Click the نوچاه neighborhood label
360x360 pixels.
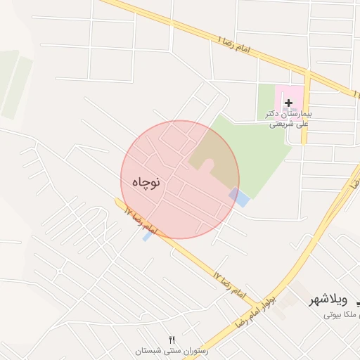click(146, 181)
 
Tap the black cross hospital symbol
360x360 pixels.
click(288, 103)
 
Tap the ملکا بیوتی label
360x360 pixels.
click(341, 314)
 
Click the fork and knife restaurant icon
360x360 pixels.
click(172, 340)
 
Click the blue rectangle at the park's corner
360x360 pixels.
click(240, 198)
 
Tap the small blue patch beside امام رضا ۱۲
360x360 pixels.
click(147, 237)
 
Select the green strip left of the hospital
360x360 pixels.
click(266, 102)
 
